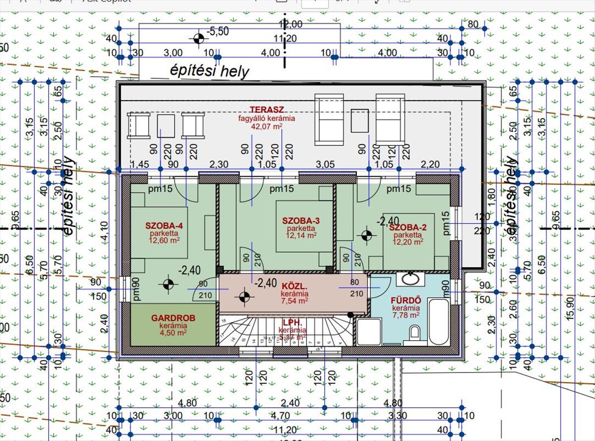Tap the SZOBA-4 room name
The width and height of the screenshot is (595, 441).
click(164, 226)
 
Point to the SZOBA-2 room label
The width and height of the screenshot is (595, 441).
click(408, 228)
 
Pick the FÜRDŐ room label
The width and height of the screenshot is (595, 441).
click(406, 300)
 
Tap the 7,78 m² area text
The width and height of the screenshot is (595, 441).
click(406, 314)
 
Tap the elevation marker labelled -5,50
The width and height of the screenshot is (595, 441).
click(198, 38)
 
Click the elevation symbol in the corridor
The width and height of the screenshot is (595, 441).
click(243, 297)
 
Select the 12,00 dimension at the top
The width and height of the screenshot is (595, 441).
click(291, 24)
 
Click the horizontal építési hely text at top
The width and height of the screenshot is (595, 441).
click(208, 71)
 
